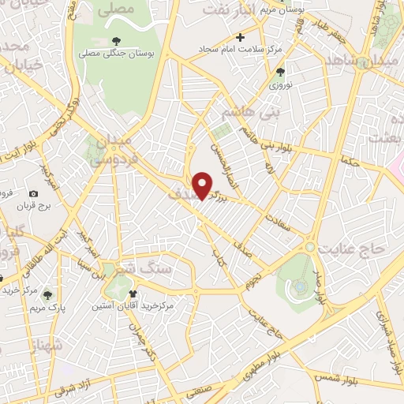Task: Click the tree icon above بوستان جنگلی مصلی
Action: pos(116,40)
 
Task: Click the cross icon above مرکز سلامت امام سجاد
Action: pos(241,37)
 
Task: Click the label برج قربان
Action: pos(33,207)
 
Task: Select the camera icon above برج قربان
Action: pos(33,193)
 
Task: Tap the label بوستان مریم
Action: pos(286,11)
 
